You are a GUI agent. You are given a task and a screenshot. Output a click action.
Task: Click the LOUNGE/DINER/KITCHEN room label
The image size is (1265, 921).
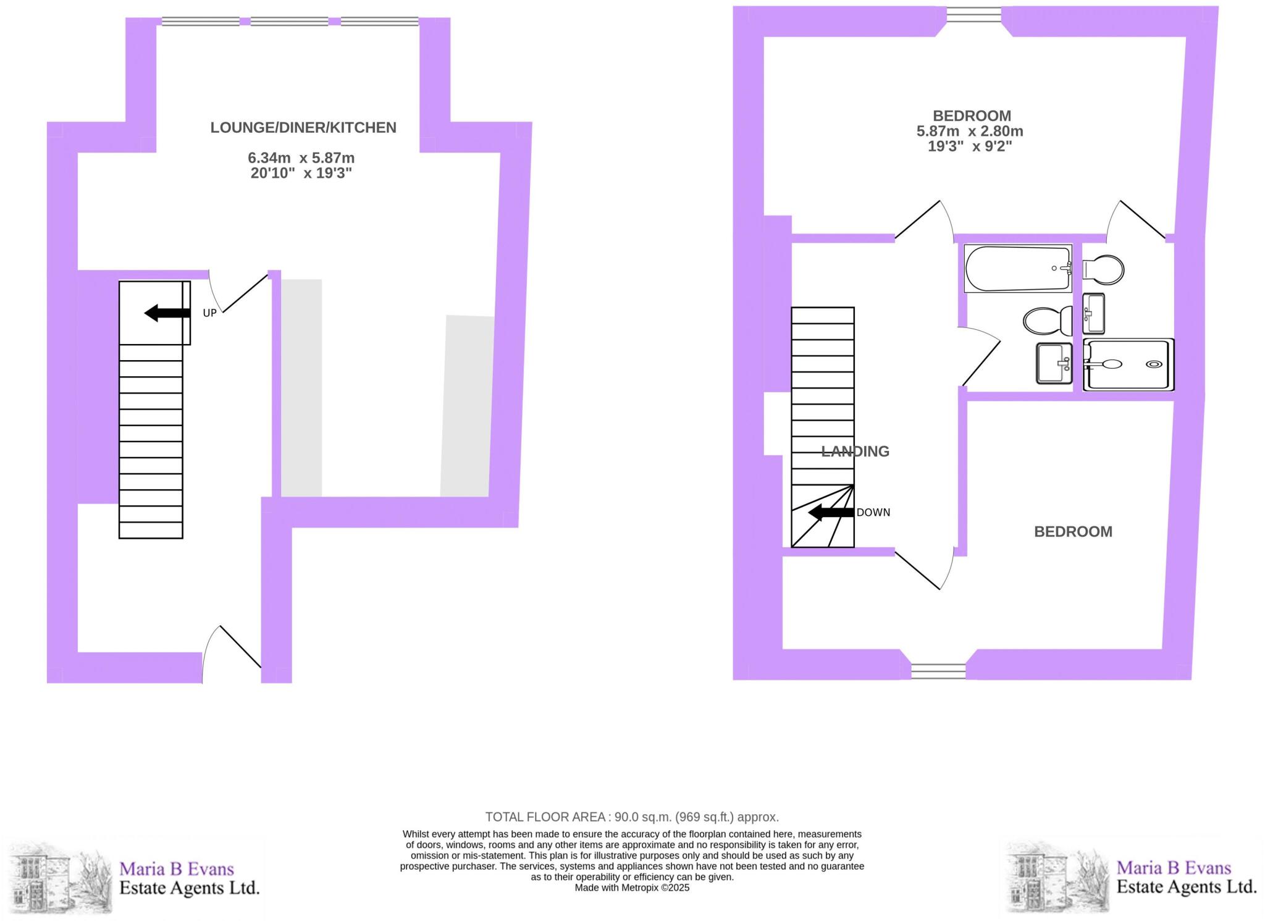[x=303, y=128]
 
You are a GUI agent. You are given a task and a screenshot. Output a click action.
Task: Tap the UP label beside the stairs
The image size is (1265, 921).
[x=210, y=313]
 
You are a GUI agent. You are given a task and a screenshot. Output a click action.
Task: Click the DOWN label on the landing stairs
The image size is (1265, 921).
[x=873, y=512]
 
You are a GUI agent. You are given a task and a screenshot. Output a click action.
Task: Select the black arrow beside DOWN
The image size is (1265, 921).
[x=831, y=512]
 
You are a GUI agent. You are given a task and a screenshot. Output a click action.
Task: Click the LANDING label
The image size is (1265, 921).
[x=855, y=452]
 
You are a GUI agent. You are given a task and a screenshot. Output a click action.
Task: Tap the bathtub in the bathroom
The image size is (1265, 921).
[x=1018, y=268]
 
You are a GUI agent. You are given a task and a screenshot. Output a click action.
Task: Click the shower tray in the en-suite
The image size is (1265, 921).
[x=1128, y=364]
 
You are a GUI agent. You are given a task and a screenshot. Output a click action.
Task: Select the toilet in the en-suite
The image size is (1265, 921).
[x=1103, y=269]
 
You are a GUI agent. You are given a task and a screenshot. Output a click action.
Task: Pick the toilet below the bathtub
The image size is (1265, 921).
[x=1048, y=321]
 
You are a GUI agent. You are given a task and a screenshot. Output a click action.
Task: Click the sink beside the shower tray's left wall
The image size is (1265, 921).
[x=1054, y=363]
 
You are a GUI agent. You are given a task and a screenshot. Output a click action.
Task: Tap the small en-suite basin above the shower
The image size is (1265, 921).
[x=1093, y=313]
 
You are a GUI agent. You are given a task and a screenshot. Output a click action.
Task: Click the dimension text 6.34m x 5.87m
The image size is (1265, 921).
[x=301, y=158]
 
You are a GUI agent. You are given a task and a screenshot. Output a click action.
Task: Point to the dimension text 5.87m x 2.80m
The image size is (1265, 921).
[x=970, y=132]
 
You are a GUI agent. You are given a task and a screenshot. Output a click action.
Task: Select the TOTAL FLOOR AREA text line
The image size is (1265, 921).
[x=632, y=817]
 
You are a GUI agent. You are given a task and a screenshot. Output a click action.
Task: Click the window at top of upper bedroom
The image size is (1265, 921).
[x=973, y=14]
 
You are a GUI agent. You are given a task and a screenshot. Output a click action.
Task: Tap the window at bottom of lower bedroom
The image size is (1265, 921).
[x=938, y=671]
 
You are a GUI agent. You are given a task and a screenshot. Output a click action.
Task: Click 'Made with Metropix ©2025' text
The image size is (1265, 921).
[x=632, y=888]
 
